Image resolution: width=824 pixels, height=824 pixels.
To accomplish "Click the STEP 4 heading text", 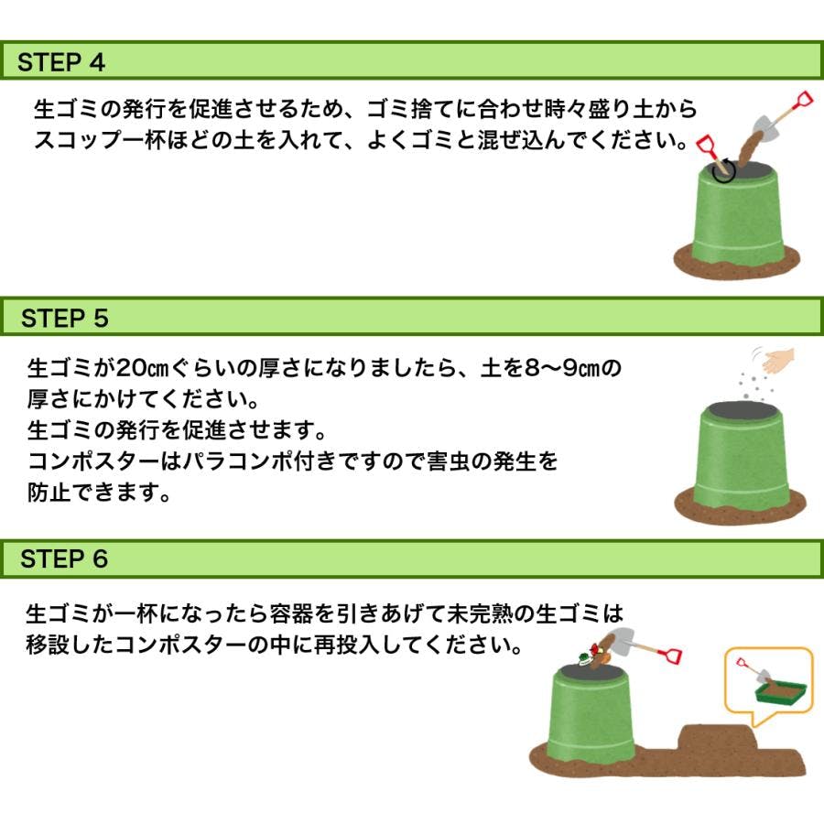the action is point(61,62).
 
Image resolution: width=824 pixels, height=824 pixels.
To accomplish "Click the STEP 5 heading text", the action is point(65,318).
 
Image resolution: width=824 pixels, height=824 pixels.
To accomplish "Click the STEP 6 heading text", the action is point(64,558).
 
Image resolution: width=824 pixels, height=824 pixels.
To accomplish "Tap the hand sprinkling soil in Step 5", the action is point(777,361).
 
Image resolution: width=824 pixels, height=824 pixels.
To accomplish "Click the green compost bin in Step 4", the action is point(737,215).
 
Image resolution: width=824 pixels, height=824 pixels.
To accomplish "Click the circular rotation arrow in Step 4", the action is point(723,171).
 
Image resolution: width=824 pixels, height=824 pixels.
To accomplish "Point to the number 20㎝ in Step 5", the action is point(142,368).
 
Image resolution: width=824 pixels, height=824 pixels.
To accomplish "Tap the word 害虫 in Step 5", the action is point(449,461).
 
